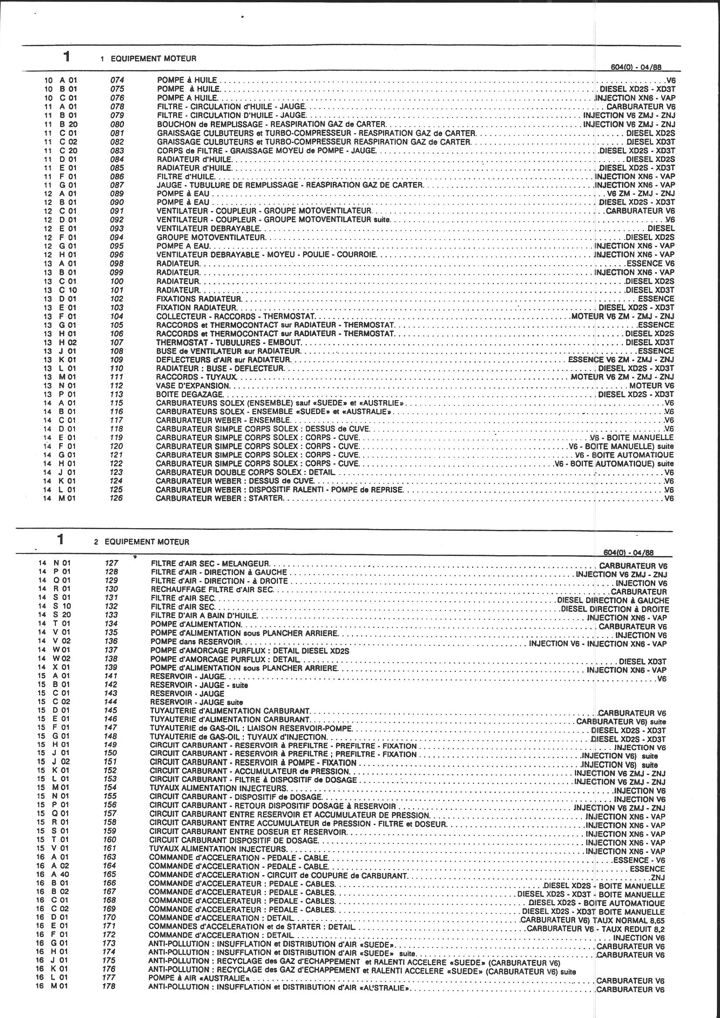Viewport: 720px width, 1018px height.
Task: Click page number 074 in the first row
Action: pyautogui.click(x=117, y=80)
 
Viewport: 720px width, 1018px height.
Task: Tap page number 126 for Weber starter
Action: pyautogui.click(x=117, y=499)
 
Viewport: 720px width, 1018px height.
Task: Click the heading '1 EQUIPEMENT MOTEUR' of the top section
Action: pyautogui.click(x=149, y=58)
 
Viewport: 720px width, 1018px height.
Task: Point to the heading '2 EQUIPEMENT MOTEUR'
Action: pyautogui.click(x=142, y=542)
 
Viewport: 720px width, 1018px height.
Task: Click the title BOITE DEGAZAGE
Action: pyautogui.click(x=190, y=394)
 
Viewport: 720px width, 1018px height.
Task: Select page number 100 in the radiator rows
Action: pyautogui.click(x=117, y=281)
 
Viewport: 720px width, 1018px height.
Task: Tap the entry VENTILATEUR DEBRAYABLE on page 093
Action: pyautogui.click(x=209, y=228)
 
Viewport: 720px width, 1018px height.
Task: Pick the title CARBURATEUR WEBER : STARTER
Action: pyautogui.click(x=219, y=499)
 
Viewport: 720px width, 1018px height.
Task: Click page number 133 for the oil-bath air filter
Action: pyautogui.click(x=112, y=615)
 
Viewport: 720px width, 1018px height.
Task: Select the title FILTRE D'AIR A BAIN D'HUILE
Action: pyautogui.click(x=203, y=615)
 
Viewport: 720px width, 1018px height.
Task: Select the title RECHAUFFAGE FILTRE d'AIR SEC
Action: pyautogui.click(x=212, y=590)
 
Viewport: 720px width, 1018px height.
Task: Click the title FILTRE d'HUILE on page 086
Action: pyautogui.click(x=186, y=176)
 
